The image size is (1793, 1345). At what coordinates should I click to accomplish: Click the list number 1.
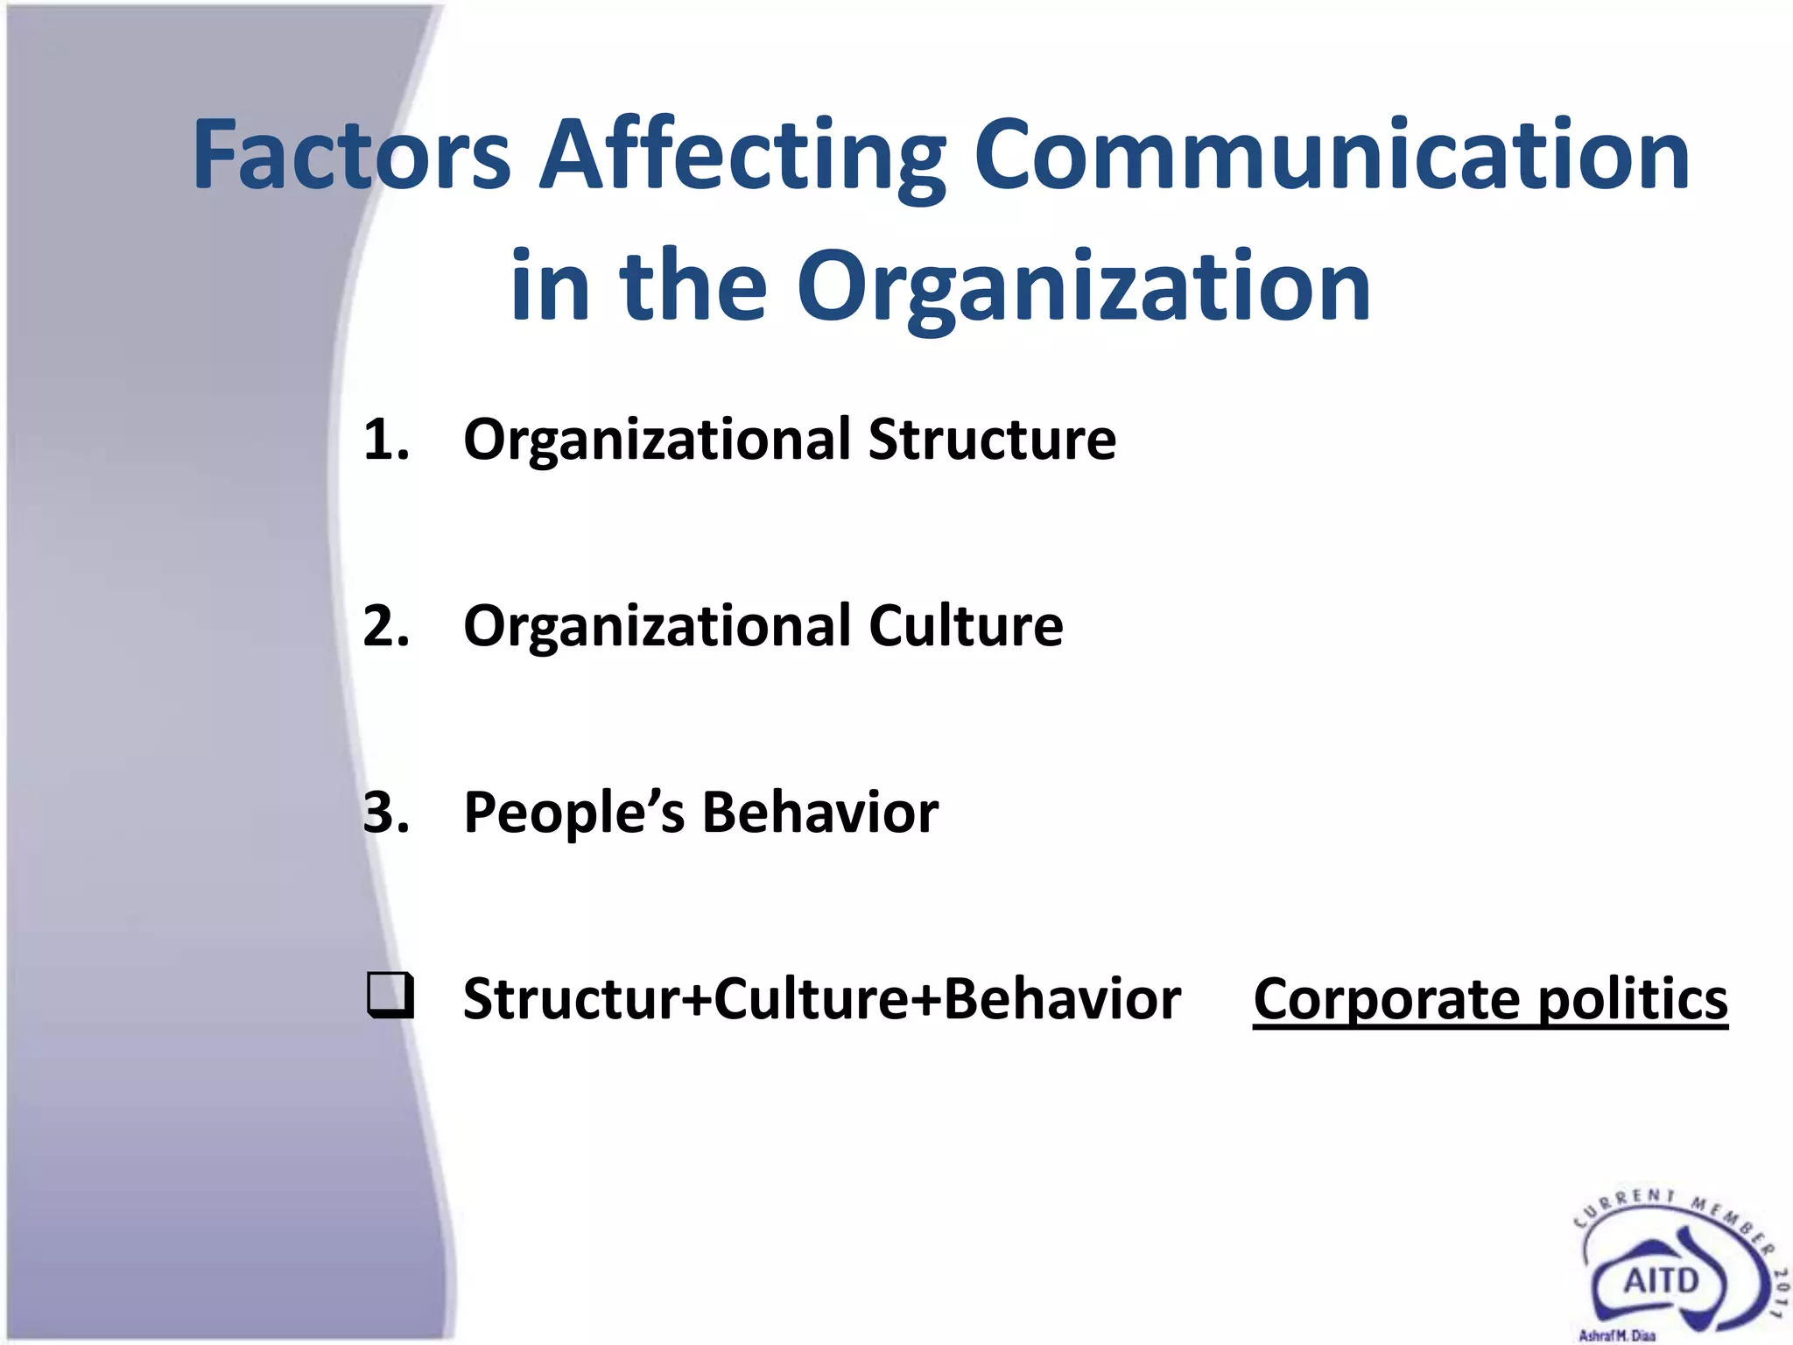(385, 439)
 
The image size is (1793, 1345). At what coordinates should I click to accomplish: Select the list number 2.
(385, 626)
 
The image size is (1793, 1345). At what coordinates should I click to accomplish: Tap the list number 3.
(385, 813)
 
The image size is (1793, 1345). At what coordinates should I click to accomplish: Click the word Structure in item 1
(992, 439)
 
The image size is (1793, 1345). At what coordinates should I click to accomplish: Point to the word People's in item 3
(573, 813)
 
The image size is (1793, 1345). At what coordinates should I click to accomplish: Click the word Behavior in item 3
(820, 813)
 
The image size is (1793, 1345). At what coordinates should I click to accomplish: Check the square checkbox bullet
(390, 996)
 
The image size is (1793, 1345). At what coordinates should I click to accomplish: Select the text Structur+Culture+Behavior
(821, 999)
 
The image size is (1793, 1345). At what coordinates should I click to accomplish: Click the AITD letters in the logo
(1661, 1281)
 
